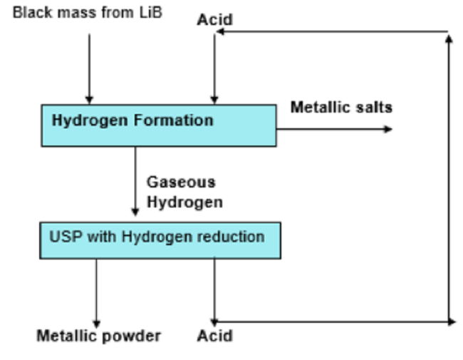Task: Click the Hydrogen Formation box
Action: coord(158,125)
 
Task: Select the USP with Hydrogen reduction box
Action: coord(160,240)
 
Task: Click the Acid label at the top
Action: coord(214,19)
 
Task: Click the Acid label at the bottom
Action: coord(214,334)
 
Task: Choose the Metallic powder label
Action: coord(98,335)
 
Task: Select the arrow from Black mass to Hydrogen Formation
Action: coord(89,68)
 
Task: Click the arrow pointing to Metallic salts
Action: coord(335,129)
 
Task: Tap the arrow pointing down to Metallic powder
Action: coord(96,292)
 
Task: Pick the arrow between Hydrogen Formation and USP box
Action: coord(135,182)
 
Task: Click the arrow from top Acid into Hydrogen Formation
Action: coord(214,68)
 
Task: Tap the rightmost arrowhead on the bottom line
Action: coord(451,322)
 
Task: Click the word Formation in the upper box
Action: coord(180,120)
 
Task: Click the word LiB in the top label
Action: coord(151,11)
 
